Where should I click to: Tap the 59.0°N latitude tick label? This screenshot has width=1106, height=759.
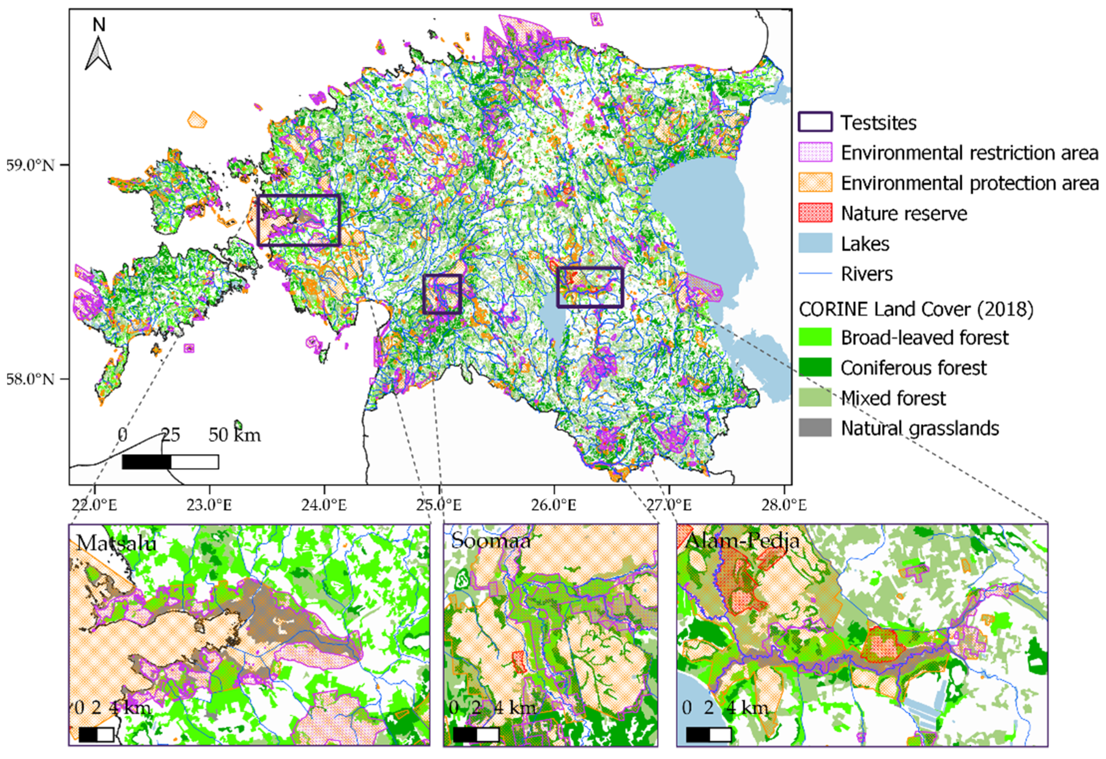click(30, 166)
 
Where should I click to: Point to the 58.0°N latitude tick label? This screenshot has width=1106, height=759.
click(30, 379)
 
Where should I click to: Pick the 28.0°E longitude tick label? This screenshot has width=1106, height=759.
click(784, 504)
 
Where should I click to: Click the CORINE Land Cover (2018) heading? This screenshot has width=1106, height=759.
click(916, 310)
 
